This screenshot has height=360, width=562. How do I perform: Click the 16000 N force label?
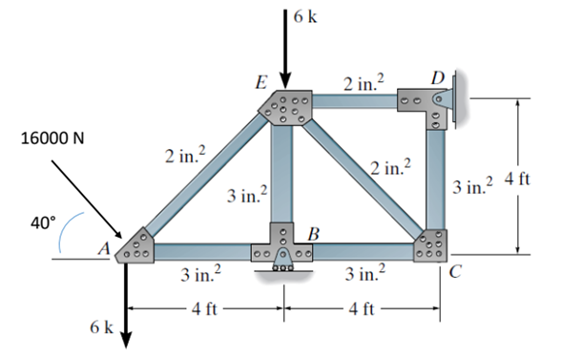coord(52,138)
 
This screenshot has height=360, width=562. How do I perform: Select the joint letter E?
coord(260,83)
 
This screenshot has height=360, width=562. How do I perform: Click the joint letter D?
coord(437,74)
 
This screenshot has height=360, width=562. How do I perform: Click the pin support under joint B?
coord(283,264)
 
